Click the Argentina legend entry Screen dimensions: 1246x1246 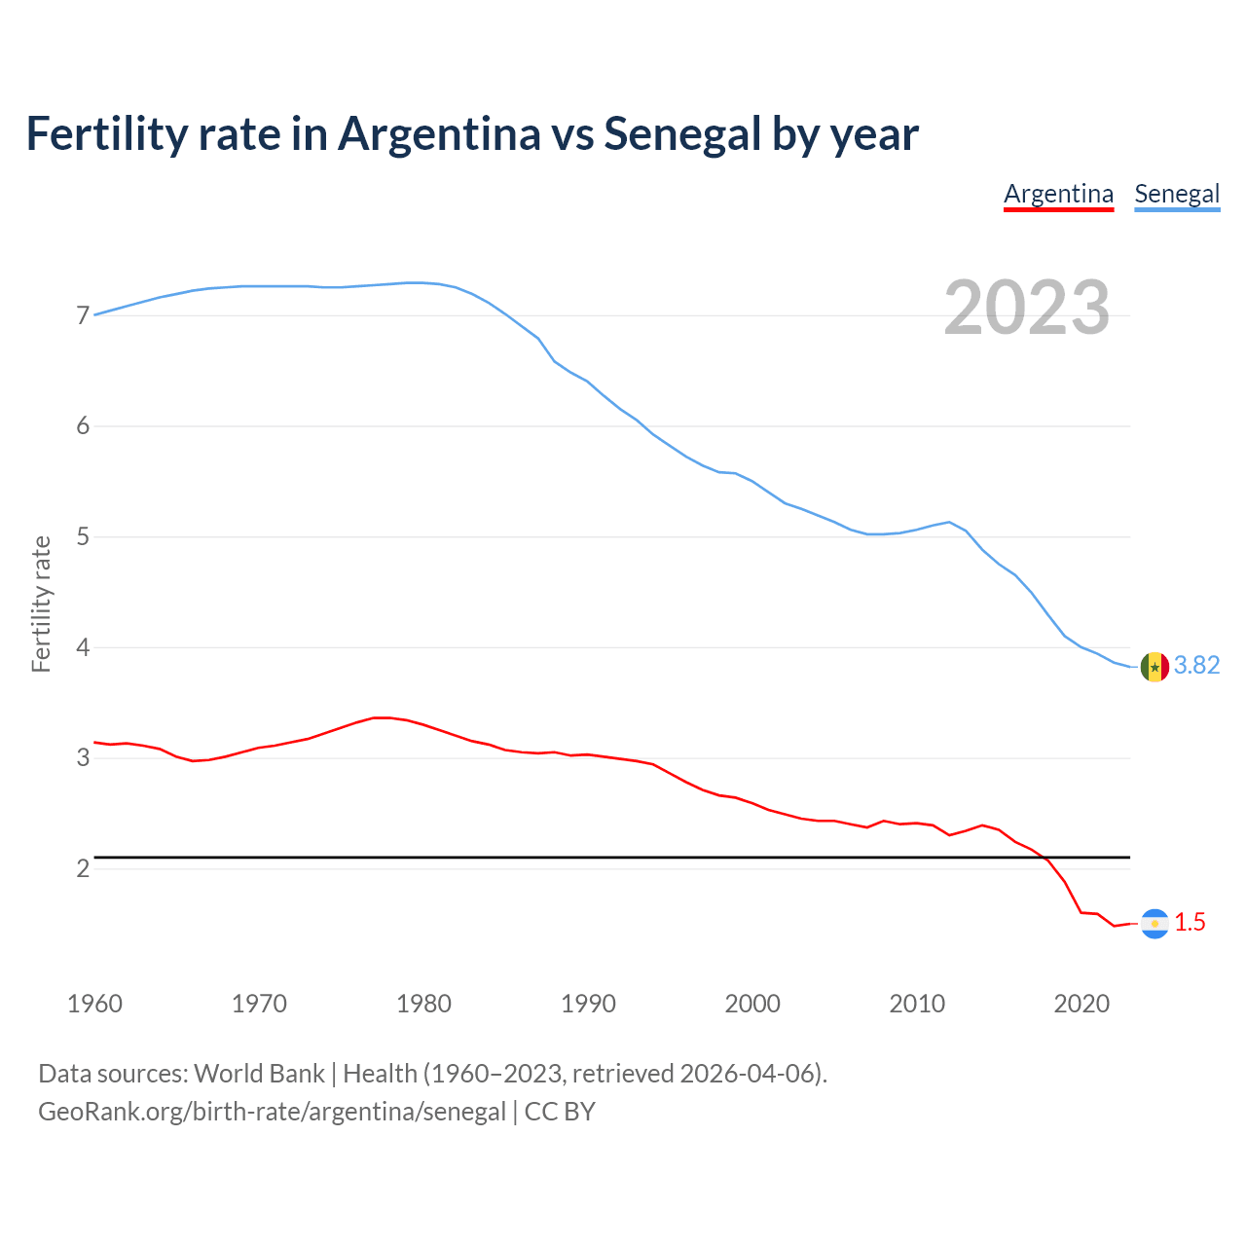pyautogui.click(x=1058, y=194)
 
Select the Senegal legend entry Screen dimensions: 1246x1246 pyautogui.click(x=1177, y=194)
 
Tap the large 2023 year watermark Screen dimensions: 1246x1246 pyautogui.click(x=1027, y=308)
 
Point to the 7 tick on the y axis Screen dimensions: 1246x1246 pyautogui.click(x=83, y=315)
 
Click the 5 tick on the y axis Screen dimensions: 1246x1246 pyautogui.click(x=83, y=536)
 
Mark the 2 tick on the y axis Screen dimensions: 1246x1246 pyautogui.click(x=83, y=868)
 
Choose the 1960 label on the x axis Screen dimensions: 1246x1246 pyautogui.click(x=94, y=1004)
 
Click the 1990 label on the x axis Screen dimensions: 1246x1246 pyautogui.click(x=588, y=1004)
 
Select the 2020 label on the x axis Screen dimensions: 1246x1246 pyautogui.click(x=1081, y=1004)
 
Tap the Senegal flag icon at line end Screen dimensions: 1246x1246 pyautogui.click(x=1154, y=667)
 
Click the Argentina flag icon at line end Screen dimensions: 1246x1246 pyautogui.click(x=1154, y=923)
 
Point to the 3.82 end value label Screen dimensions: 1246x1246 pyautogui.click(x=1196, y=665)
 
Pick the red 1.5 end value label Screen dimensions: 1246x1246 pyautogui.click(x=1190, y=922)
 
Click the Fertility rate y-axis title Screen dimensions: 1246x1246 pyautogui.click(x=41, y=604)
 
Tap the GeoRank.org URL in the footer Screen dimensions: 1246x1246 pyautogui.click(x=272, y=1112)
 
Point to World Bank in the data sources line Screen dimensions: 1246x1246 pyautogui.click(x=259, y=1073)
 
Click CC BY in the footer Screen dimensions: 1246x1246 pyautogui.click(x=560, y=1112)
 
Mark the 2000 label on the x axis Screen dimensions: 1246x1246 pyautogui.click(x=752, y=1004)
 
